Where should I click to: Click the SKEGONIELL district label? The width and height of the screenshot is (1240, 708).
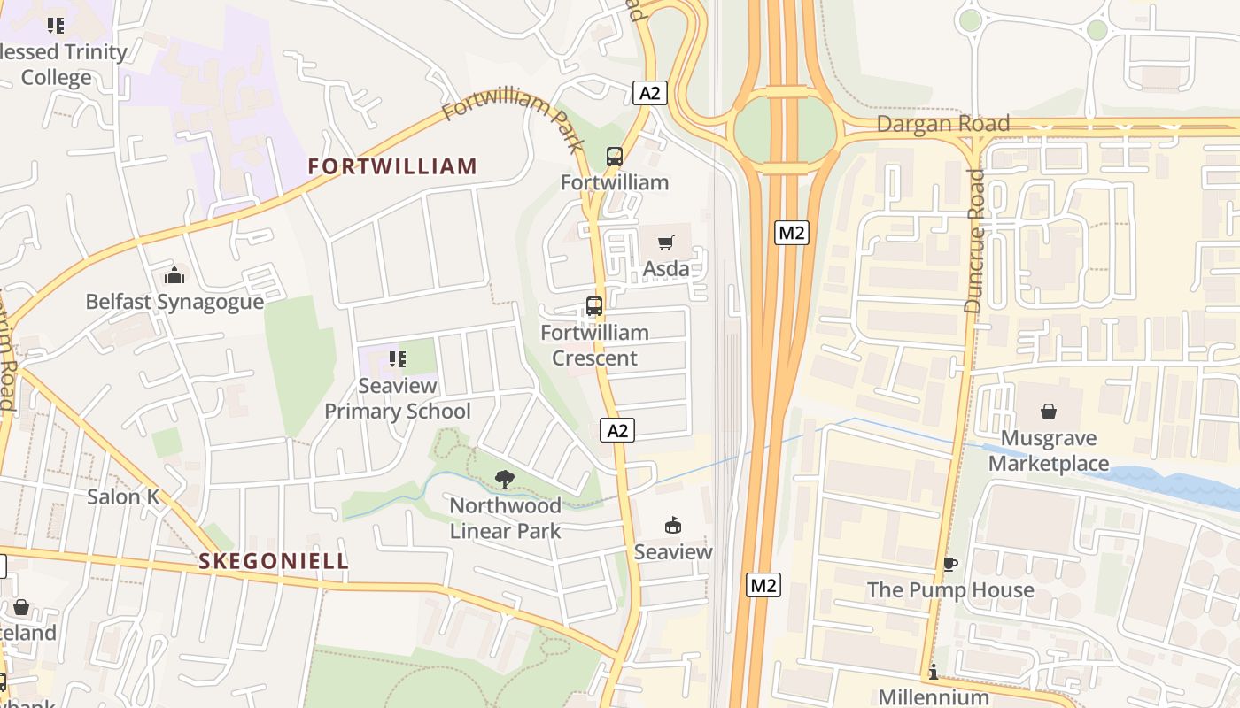click(x=274, y=561)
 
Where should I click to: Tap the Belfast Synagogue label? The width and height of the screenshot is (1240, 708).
click(x=174, y=302)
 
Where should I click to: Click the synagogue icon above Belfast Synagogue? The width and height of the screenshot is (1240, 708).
click(x=174, y=275)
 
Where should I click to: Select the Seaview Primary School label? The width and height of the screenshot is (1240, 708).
click(x=398, y=398)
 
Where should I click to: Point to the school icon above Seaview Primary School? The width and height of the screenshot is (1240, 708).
click(x=398, y=359)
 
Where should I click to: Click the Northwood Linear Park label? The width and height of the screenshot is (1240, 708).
click(x=505, y=518)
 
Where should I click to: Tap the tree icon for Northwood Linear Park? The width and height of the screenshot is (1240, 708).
click(x=505, y=480)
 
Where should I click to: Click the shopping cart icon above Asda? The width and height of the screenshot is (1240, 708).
click(x=666, y=242)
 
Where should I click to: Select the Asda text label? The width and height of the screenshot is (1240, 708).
click(x=666, y=268)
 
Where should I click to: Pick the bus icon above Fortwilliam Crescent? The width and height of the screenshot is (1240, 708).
click(x=594, y=306)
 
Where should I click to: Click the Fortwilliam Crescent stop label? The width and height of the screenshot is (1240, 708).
click(x=594, y=345)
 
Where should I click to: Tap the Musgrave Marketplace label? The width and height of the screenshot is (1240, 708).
click(x=1049, y=450)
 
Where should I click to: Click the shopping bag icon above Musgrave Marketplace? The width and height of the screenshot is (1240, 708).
click(x=1049, y=412)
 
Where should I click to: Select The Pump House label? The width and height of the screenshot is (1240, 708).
click(x=950, y=589)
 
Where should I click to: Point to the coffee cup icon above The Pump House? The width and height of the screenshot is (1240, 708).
click(x=950, y=564)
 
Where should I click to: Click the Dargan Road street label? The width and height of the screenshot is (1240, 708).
click(x=943, y=124)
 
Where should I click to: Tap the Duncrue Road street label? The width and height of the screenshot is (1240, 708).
click(x=974, y=241)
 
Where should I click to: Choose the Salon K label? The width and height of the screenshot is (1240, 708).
click(x=123, y=496)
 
